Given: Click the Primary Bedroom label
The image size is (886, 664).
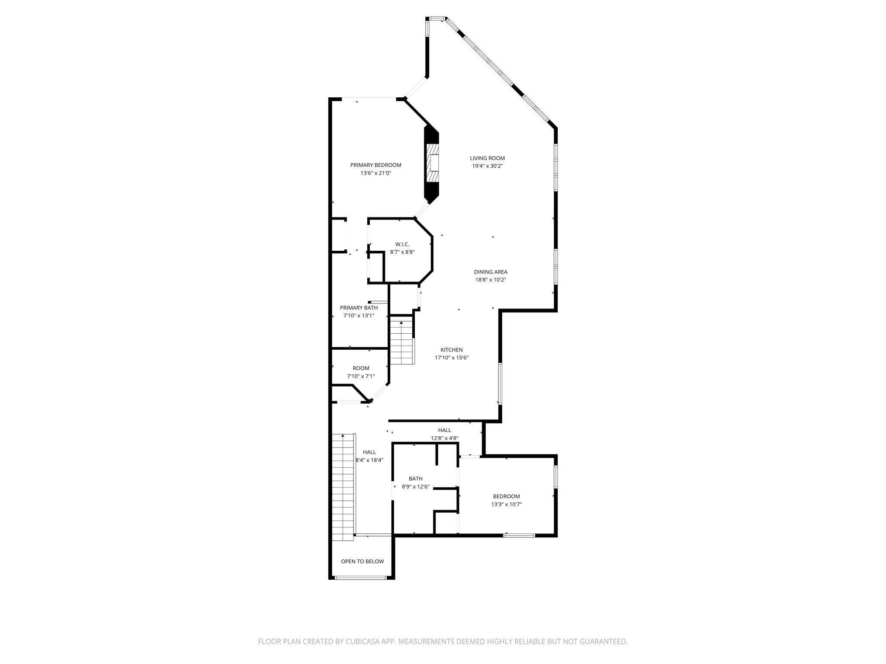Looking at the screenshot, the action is pyautogui.click(x=376, y=165).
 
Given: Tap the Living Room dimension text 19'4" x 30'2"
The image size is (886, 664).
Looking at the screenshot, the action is pyautogui.click(x=487, y=166).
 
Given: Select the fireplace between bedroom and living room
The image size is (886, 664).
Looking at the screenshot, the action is pyautogui.click(x=431, y=164).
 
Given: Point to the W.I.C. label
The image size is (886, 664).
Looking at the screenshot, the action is pyautogui.click(x=402, y=244).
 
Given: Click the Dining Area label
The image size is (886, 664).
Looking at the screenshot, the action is pyautogui.click(x=491, y=272).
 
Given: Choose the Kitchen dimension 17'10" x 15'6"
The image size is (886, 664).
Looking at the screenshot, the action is pyautogui.click(x=452, y=358).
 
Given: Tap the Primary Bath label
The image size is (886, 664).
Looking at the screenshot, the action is pyautogui.click(x=359, y=308).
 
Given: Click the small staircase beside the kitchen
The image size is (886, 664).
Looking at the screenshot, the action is pyautogui.click(x=402, y=341).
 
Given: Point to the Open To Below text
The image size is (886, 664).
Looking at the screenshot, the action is pyautogui.click(x=363, y=562).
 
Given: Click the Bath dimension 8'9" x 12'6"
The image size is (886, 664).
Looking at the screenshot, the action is pyautogui.click(x=415, y=487).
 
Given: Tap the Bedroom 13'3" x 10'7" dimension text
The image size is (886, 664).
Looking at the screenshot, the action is pyautogui.click(x=507, y=504).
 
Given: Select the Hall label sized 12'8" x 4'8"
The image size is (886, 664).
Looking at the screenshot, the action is pyautogui.click(x=445, y=430).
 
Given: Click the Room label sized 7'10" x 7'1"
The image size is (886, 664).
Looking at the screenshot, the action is pyautogui.click(x=361, y=368).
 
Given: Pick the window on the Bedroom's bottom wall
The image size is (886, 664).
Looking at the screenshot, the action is pyautogui.click(x=519, y=536).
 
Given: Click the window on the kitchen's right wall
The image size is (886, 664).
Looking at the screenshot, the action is pyautogui.click(x=500, y=383).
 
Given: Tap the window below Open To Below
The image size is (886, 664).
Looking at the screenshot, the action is pyautogui.click(x=361, y=578).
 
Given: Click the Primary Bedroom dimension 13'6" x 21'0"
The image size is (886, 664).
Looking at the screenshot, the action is pyautogui.click(x=376, y=173).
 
